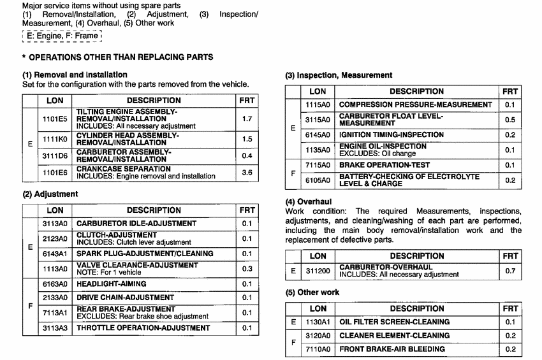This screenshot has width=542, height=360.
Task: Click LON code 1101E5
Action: point(55,119)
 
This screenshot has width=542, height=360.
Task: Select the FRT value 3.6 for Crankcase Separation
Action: point(247,172)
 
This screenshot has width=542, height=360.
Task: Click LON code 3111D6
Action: point(55,155)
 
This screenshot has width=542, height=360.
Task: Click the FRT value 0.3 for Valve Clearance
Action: point(247,269)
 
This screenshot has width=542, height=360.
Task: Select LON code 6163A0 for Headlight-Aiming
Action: point(55,284)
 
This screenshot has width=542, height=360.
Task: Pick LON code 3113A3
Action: point(55,328)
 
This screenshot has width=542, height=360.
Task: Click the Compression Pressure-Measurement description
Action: point(415,104)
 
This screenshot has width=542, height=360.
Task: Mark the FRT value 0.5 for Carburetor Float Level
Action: point(509,120)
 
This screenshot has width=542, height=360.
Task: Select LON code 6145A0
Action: point(318,135)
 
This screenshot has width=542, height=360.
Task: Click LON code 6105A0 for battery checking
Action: point(318,180)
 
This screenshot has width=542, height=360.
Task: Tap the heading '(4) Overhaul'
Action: point(308,202)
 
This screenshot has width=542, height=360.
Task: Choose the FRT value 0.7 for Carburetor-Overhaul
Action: point(509,271)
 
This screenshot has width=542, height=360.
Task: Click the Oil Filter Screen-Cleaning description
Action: point(394,322)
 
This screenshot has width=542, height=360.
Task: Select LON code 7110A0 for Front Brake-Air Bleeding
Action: point(318,349)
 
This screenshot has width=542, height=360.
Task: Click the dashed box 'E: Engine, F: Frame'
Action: point(61,36)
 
